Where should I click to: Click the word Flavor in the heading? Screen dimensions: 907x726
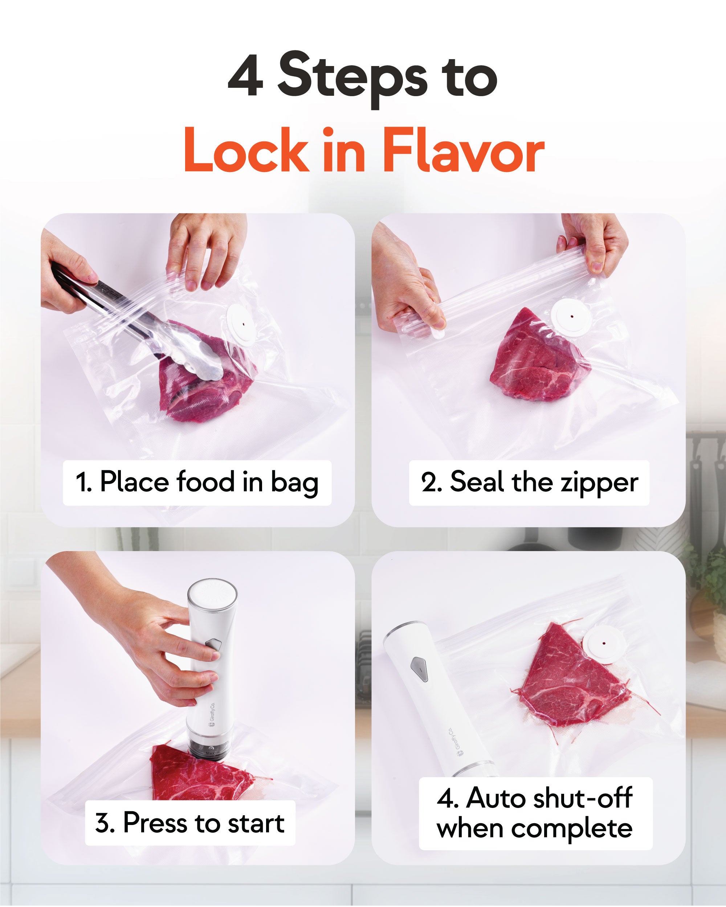click(463, 151)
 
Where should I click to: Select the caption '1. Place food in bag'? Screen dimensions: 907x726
click(197, 482)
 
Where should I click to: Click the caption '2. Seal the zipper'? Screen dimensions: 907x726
click(529, 482)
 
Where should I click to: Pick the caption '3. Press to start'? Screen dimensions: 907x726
click(190, 822)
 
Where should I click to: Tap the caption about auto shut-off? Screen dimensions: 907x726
click(535, 813)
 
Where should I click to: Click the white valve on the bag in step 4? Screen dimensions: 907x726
click(603, 644)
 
